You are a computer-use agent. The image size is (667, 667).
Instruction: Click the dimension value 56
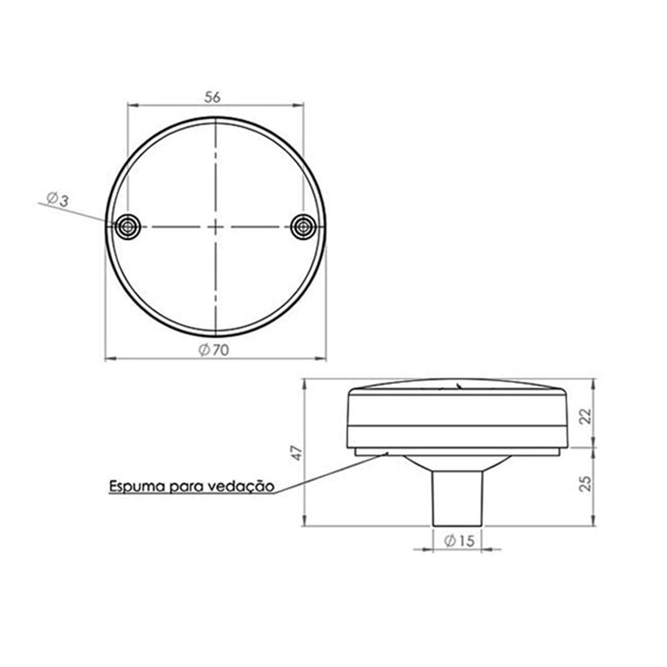coord(212,97)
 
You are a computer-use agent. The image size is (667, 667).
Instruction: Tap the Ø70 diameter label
coord(213,350)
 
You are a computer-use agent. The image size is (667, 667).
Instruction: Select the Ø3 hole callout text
coord(58,200)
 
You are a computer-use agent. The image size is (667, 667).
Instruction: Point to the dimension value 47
coord(297,453)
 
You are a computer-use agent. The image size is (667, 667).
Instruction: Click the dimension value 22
coord(585,416)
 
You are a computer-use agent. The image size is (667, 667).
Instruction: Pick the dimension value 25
coord(585,484)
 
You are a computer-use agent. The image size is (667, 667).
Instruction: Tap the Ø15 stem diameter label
coord(459,541)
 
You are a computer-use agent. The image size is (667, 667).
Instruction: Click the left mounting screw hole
coord(128,227)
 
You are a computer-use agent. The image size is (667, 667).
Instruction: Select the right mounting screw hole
coord(303,227)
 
